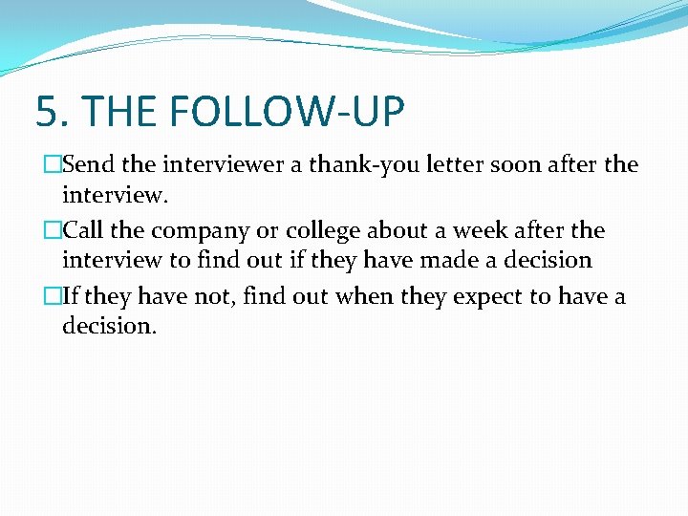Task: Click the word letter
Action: point(448,165)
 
